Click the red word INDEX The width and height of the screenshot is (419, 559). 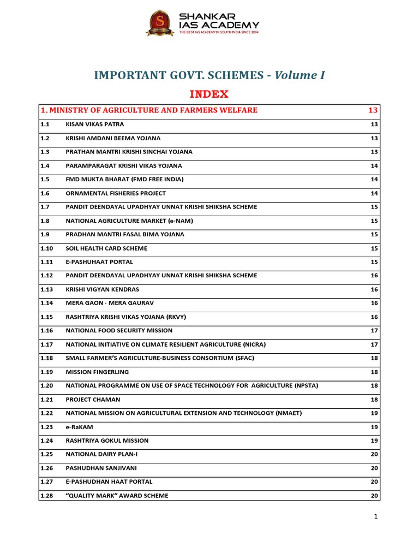tap(209, 94)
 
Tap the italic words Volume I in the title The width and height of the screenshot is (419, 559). tap(300, 75)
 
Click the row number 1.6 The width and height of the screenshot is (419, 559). tap(45, 193)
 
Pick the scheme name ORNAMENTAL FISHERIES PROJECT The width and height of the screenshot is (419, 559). tap(116, 193)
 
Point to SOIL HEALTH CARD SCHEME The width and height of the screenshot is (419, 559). tap(106, 248)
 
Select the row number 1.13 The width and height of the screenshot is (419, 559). tap(47, 289)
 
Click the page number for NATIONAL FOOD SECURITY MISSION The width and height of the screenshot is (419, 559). tap(374, 330)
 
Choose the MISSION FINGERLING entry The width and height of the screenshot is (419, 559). tap(97, 372)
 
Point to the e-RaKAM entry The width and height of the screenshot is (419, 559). tap(79, 427)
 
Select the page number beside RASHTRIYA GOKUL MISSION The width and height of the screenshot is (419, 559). tap(374, 441)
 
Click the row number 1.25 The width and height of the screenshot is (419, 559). tap(47, 454)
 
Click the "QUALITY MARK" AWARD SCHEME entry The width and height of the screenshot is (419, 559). tap(117, 496)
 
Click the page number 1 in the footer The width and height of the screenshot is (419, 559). tap(376, 517)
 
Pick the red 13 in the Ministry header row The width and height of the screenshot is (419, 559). tap(373, 110)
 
